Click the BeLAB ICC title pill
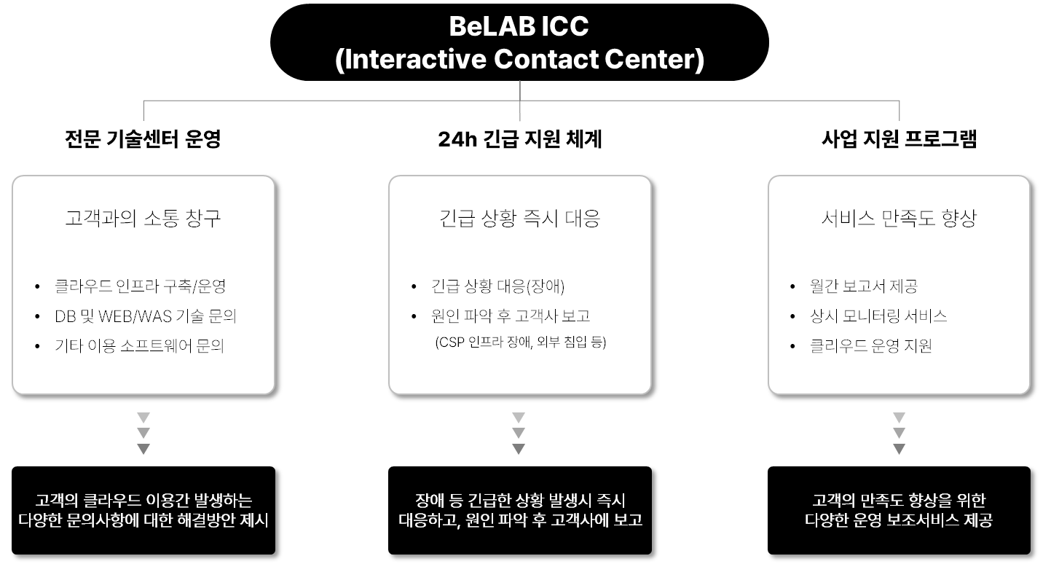[519, 42]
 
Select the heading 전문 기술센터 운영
[143, 138]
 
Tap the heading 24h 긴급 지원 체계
[519, 138]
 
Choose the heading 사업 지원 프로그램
[899, 138]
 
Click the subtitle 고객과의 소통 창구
[143, 218]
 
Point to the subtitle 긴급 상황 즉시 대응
[519, 218]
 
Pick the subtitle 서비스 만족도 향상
[899, 218]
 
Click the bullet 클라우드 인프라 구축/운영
[140, 286]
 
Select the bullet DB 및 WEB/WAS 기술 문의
[146, 316]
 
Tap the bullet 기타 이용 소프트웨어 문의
[140, 345]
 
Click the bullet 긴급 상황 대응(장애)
[497, 286]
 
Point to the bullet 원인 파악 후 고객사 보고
[511, 316]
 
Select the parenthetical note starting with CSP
[521, 342]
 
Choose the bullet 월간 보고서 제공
[864, 286]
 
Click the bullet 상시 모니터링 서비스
[878, 316]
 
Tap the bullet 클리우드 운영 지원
[871, 345]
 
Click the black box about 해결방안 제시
[143, 510]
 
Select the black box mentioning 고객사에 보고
[519, 510]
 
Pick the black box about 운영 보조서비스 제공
[899, 510]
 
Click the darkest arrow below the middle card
[519, 448]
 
